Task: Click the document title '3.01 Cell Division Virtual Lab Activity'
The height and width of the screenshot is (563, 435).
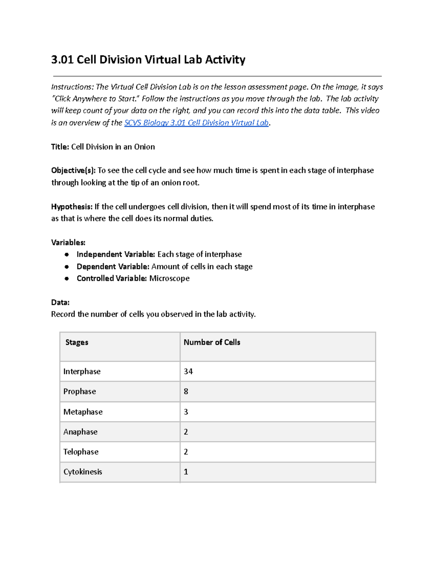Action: [148, 59]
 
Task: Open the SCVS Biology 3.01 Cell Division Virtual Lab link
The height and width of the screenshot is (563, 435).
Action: [196, 123]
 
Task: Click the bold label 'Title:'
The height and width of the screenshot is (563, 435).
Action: [60, 147]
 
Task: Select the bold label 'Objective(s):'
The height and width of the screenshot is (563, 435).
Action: [73, 170]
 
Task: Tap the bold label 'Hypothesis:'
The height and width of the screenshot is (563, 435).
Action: [72, 207]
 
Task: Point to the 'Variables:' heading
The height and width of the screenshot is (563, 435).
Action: [68, 243]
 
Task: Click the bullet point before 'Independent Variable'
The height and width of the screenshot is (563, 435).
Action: [67, 254]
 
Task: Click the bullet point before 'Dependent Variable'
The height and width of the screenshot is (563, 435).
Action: [67, 267]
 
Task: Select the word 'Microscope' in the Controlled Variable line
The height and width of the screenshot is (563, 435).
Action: [169, 278]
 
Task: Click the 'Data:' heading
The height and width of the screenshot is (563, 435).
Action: [60, 302]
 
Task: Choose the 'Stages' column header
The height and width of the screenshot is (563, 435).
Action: [76, 342]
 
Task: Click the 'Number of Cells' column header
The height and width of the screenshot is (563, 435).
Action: [212, 342]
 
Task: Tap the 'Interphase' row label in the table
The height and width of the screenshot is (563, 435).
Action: [82, 372]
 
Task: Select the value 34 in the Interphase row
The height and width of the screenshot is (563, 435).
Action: [188, 372]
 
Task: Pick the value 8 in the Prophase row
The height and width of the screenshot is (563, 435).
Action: [186, 392]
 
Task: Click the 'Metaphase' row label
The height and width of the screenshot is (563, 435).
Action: [83, 412]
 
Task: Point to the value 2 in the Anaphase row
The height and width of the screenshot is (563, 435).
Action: [186, 432]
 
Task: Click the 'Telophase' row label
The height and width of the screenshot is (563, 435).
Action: [81, 452]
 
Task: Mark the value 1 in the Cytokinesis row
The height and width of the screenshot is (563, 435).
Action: [186, 472]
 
